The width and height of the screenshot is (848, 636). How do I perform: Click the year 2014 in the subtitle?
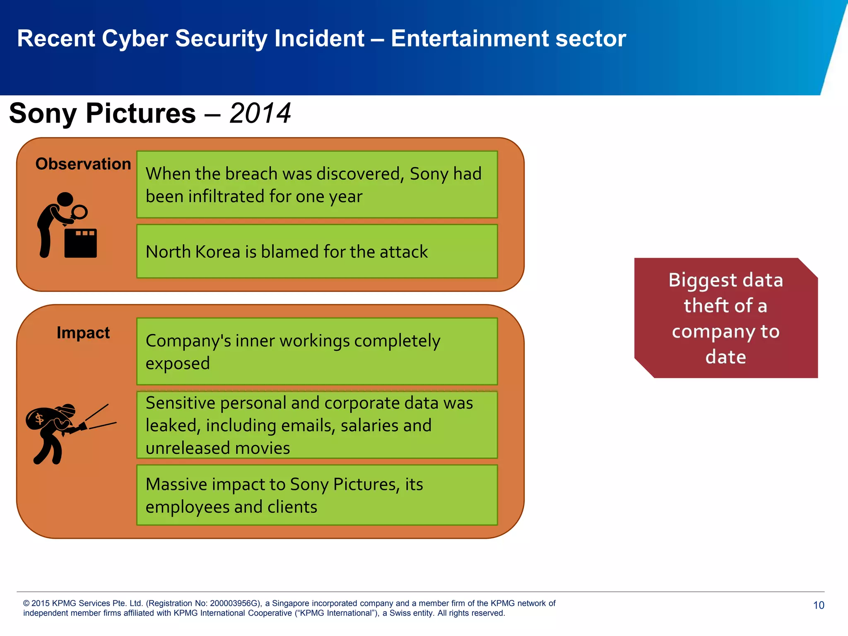[x=260, y=113]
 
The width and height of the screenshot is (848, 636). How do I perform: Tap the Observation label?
[x=83, y=164]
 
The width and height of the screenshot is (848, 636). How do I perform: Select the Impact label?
[x=83, y=333]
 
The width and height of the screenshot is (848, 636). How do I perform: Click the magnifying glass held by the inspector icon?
[x=79, y=212]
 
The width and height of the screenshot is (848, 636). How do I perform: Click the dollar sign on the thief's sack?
[x=39, y=419]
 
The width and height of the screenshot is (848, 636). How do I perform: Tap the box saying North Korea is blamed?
[x=317, y=251]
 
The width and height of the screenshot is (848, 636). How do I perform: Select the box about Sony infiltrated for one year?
[x=317, y=185]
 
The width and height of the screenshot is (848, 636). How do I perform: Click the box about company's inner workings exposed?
[x=317, y=352]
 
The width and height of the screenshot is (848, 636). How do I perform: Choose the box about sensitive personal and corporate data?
[x=317, y=425]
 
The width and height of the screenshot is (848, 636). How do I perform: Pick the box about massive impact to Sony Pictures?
[x=317, y=495]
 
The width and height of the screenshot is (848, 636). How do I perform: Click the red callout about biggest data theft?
[x=725, y=318]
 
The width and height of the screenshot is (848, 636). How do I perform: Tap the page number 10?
[x=818, y=605]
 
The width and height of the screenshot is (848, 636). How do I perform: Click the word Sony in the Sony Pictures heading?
[x=43, y=113]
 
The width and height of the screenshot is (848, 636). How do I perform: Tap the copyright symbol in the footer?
[x=26, y=603]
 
